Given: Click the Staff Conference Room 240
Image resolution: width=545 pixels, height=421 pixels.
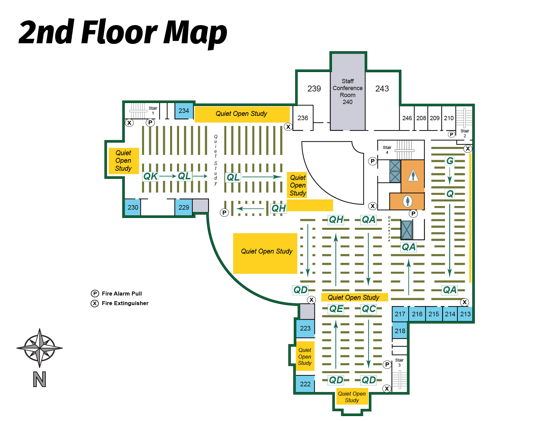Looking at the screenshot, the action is pyautogui.click(x=348, y=91).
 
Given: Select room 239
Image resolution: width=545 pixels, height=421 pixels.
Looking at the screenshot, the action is pyautogui.click(x=314, y=88).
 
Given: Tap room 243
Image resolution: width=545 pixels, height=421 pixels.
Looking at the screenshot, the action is pyautogui.click(x=382, y=88).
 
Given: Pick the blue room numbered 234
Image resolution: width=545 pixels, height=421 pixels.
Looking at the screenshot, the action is pyautogui.click(x=184, y=111).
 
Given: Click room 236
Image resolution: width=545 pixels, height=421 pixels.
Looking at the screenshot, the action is pyautogui.click(x=303, y=118).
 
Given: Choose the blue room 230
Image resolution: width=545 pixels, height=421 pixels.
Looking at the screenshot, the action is pyautogui.click(x=133, y=207).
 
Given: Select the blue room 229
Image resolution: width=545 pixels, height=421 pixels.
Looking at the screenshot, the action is pyautogui.click(x=184, y=207).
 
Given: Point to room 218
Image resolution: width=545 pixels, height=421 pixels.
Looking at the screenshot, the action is pyautogui.click(x=400, y=331).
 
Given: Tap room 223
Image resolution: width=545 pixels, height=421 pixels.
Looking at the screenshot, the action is pyautogui.click(x=305, y=328).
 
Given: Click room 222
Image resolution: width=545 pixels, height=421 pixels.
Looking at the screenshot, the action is pyautogui.click(x=305, y=384).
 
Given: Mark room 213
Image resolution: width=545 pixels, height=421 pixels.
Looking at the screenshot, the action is pyautogui.click(x=465, y=314).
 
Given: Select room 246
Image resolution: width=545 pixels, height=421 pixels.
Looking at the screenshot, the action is pyautogui.click(x=407, y=118).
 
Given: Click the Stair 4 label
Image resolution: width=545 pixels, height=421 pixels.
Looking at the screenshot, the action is pyautogui.click(x=387, y=150).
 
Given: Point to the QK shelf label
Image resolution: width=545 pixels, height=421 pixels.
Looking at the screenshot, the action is pyautogui.click(x=151, y=176).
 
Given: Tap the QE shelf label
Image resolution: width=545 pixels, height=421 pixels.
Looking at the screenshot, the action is pyautogui.click(x=336, y=309).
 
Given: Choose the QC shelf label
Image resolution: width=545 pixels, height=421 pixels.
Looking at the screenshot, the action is pyautogui.click(x=369, y=309).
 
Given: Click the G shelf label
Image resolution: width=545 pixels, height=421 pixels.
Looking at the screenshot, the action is pyautogui.click(x=450, y=161).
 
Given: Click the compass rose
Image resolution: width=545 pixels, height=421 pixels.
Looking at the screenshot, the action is pyautogui.click(x=40, y=348).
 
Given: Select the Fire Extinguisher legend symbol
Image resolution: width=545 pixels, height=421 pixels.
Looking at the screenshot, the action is pyautogui.click(x=95, y=303).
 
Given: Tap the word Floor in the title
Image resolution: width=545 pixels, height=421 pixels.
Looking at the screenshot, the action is pyautogui.click(x=119, y=32).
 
